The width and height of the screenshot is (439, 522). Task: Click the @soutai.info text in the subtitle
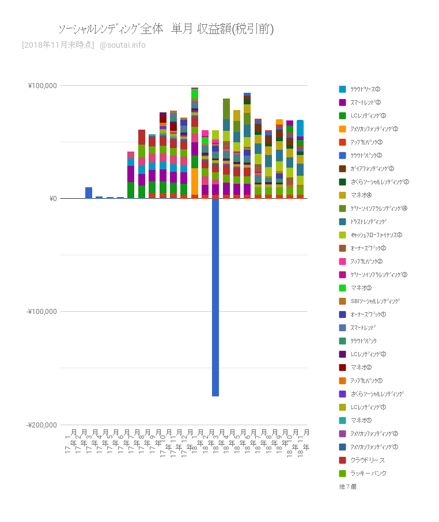click(123, 45)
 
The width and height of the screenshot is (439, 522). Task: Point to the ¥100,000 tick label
click(43, 86)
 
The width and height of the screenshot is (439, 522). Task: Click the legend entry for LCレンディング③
click(368, 115)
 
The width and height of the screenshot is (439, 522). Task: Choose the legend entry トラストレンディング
click(368, 221)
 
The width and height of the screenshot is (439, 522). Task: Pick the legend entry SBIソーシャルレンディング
click(374, 301)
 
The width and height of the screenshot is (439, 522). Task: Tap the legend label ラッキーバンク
click(368, 473)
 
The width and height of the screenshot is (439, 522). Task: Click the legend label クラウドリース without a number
click(367, 460)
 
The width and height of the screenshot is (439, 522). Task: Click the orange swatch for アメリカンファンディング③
click(342, 128)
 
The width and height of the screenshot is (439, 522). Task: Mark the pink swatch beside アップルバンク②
click(342, 261)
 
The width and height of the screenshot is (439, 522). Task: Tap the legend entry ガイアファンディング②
click(372, 168)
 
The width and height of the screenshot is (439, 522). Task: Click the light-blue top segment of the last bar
click(300, 127)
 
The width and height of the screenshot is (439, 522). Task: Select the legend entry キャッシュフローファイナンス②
click(376, 234)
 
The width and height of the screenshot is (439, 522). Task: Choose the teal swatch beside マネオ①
click(342, 420)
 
